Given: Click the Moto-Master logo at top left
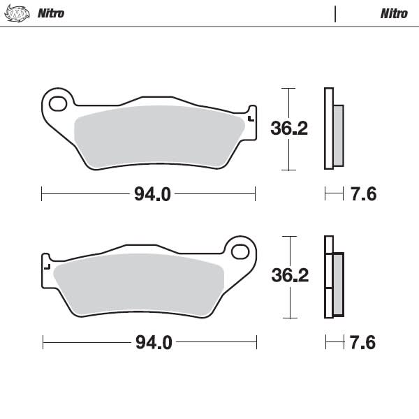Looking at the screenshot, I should click(x=17, y=13).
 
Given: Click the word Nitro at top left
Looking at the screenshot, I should click(x=50, y=13).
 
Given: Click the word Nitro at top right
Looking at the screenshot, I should click(x=394, y=13).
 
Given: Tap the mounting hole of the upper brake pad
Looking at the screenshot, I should click(x=57, y=103).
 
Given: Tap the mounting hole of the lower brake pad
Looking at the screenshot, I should click(x=241, y=251).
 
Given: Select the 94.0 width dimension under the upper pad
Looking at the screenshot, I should click(x=152, y=194).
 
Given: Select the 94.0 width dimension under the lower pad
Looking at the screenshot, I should click(x=153, y=342).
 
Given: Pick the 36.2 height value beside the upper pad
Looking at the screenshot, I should click(x=288, y=128).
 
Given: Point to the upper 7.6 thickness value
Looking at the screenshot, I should click(x=362, y=194).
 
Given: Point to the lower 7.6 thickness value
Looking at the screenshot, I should click(x=362, y=342).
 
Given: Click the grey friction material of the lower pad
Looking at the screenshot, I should click(x=140, y=283).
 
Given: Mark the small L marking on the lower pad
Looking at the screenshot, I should click(x=47, y=265).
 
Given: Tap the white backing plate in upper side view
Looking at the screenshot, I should click(x=328, y=129).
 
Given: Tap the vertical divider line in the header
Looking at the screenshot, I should click(x=335, y=13).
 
